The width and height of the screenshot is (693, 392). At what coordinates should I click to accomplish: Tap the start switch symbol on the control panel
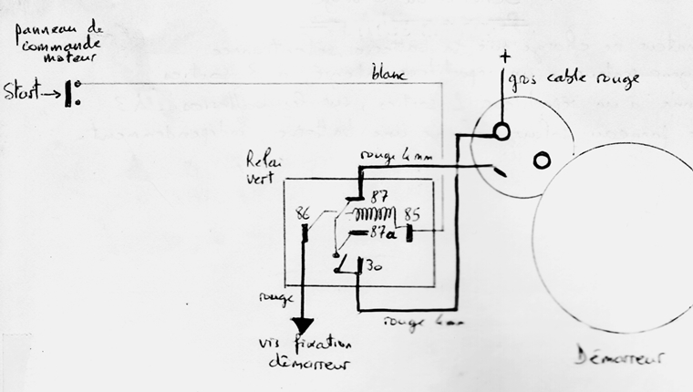(73, 93)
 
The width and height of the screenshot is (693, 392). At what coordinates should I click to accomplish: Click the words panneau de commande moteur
(57, 48)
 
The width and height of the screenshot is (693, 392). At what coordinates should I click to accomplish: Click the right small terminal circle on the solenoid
(542, 161)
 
